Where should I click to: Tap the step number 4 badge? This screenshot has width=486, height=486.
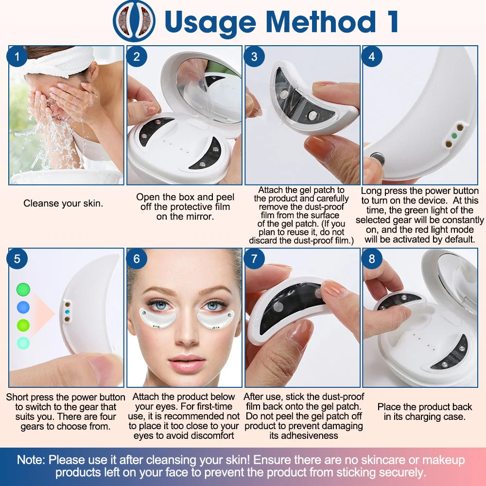pos(372,57)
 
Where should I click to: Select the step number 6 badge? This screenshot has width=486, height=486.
pos(136,259)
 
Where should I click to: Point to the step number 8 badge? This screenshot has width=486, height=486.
pos(372,259)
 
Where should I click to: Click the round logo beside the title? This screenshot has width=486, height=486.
pos(134,21)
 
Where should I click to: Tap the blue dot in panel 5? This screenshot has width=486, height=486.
pos(23,307)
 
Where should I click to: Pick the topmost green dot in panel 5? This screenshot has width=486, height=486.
pos(23,290)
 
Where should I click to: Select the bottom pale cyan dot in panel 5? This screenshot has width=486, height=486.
pos(23,343)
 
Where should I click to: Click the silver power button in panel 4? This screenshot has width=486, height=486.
pos(377,158)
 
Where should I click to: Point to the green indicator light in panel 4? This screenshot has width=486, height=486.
pos(454,136)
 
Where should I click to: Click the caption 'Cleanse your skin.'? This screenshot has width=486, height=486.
pos(63,204)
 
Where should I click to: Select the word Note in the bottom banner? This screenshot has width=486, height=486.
pos(30,460)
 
